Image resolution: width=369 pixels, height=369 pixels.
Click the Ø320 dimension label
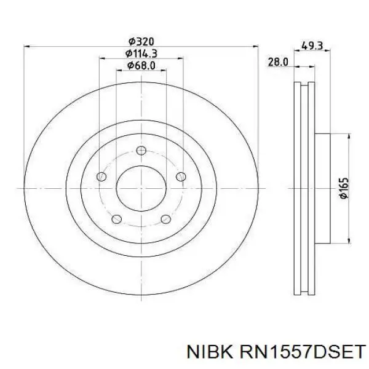[x=141, y=42]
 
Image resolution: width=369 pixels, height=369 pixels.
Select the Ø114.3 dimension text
[x=141, y=54]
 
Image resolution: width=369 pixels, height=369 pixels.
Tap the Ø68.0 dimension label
[x=141, y=65]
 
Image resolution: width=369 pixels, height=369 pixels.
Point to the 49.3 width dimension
[x=312, y=46]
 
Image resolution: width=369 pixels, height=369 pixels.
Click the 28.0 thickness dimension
[x=278, y=62]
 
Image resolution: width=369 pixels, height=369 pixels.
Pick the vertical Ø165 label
[x=344, y=188]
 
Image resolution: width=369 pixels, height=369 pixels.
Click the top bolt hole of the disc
[x=141, y=151]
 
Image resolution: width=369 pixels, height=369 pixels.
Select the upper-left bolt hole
[x=101, y=177]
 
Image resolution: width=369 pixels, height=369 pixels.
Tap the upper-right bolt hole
[x=181, y=177]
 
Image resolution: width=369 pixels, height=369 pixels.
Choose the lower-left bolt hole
[x=116, y=219]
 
